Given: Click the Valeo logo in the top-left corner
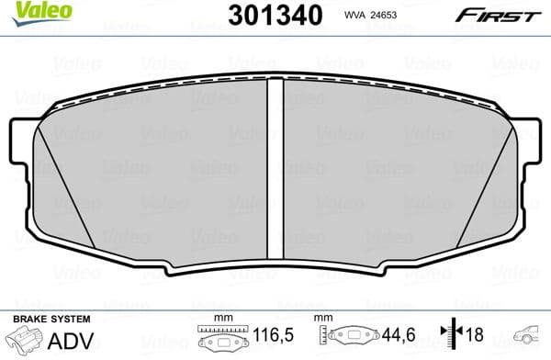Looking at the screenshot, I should pyautogui.click(x=28, y=11).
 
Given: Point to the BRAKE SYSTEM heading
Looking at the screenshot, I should pyautogui.click(x=51, y=318).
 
